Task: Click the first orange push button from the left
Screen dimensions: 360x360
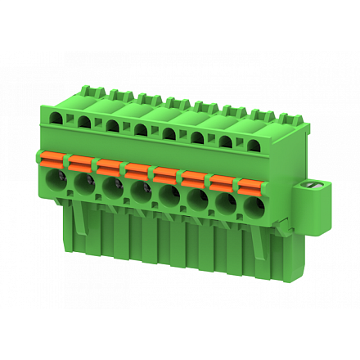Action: [x=52, y=156]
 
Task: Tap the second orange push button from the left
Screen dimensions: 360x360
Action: [x=80, y=160]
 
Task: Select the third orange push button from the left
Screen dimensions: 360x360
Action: [x=109, y=164]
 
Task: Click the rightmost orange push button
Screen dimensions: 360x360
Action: [x=250, y=182]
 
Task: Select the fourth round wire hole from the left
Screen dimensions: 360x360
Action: [x=142, y=191]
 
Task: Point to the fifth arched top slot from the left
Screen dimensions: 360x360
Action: [x=169, y=133]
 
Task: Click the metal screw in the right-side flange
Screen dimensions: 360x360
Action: [x=309, y=191]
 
